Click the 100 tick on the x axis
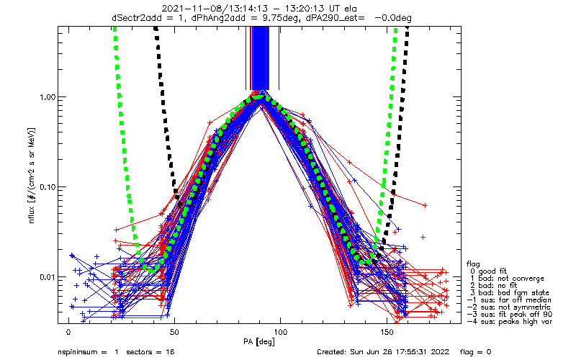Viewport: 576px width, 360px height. (282, 332)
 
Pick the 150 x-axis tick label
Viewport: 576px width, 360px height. (388, 332)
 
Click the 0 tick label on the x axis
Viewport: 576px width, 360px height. (68, 332)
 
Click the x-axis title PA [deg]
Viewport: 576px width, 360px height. (260, 341)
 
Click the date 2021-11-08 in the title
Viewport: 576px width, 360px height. (192, 8)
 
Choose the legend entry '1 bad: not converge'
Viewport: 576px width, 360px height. (505, 278)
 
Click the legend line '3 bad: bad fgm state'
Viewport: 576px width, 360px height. (508, 292)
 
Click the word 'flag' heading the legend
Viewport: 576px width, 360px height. (474, 264)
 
